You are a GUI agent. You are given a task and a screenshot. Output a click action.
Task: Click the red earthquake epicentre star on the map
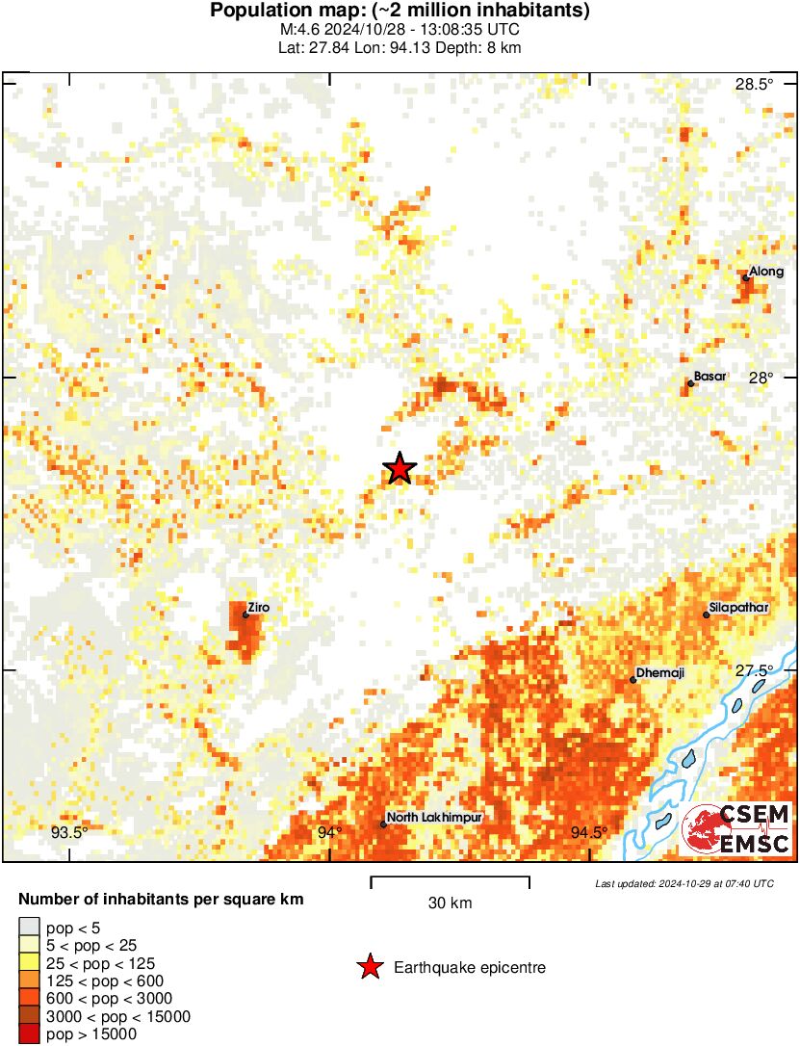(400, 469)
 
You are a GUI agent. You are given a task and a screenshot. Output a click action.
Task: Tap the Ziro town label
(258, 608)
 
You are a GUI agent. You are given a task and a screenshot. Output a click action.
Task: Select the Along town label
(766, 273)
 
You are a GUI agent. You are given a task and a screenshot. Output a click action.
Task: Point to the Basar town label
(710, 377)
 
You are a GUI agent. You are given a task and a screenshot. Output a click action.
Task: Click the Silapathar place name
(739, 609)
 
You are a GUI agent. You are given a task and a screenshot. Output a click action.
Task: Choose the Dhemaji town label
(660, 673)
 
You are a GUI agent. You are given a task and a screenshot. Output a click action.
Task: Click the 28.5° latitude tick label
(754, 85)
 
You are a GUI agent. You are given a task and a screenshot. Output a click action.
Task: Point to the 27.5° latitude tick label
(754, 670)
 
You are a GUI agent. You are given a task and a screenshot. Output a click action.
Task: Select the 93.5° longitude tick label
(69, 832)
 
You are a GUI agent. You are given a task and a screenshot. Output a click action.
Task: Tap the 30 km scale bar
(450, 878)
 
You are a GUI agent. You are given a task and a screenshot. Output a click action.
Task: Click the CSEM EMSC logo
(736, 829)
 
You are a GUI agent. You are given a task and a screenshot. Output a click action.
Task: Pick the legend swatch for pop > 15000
(30, 1033)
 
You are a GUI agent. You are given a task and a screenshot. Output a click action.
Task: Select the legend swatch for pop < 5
(30, 928)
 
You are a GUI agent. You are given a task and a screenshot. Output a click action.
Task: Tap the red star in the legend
(370, 968)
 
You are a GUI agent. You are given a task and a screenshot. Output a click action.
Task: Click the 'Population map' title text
(400, 12)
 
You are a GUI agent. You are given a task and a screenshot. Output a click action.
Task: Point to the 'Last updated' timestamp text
(684, 883)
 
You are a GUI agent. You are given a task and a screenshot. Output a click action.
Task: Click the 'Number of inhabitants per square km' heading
(162, 900)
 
